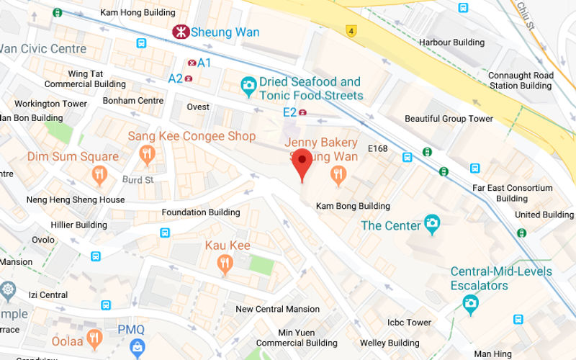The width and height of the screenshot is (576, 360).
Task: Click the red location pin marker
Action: (302, 162)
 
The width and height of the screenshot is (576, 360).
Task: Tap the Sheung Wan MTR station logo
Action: (180, 32)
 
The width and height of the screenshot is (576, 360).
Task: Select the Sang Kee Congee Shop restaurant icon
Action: (148, 153)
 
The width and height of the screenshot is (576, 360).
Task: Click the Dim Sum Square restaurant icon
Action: (99, 174)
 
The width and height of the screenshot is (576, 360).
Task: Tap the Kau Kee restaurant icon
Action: (225, 264)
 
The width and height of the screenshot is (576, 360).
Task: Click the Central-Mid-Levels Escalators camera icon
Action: (471, 304)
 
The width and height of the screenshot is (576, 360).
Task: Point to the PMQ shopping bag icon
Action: (138, 348)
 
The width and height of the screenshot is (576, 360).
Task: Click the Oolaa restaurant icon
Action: (94, 338)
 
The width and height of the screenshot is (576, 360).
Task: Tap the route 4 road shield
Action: (351, 31)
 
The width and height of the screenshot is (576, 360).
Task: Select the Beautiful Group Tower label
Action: (449, 119)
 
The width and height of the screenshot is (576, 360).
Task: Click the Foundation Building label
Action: (201, 212)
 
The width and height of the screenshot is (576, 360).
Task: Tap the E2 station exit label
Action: (289, 112)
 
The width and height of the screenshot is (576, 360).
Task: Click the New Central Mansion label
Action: (278, 309)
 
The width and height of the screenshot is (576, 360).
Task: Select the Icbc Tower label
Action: (409, 323)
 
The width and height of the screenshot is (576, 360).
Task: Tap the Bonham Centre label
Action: (133, 101)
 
